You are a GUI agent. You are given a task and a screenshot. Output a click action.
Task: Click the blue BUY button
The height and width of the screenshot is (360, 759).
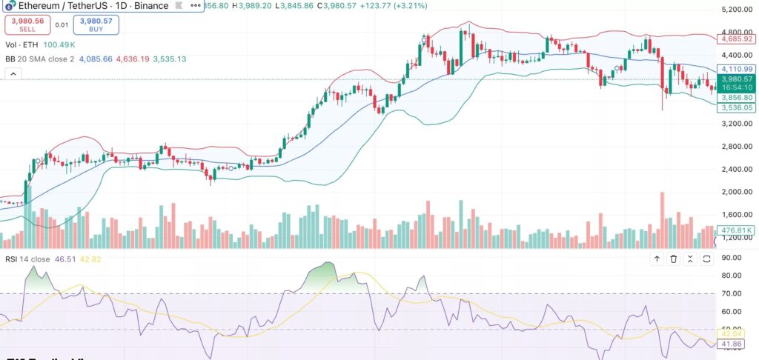(x=96, y=26)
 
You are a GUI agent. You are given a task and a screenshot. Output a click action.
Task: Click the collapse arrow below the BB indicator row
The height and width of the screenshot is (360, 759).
(x=13, y=74)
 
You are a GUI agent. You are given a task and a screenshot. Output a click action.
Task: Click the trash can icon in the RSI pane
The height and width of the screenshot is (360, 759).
(x=674, y=259)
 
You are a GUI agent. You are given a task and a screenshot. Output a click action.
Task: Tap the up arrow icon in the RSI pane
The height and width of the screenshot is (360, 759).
(x=657, y=259)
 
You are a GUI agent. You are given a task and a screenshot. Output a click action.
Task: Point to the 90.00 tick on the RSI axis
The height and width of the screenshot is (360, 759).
(x=735, y=258)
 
